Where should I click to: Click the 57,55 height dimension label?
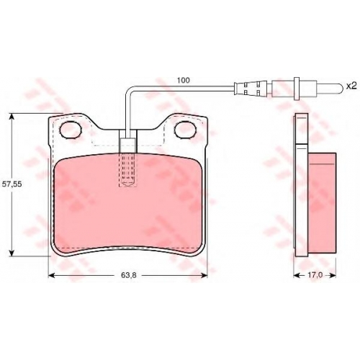tap(12, 184)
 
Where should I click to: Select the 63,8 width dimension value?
tap(129, 275)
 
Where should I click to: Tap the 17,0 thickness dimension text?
tap(315, 275)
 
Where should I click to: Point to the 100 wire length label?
tap(184, 81)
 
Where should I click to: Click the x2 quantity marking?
tap(351, 86)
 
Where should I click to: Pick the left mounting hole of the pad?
tap(71, 130)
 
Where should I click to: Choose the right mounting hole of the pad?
tap(186, 130)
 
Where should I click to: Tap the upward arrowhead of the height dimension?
tap(12, 117)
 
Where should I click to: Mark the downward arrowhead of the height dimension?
tap(12, 253)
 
